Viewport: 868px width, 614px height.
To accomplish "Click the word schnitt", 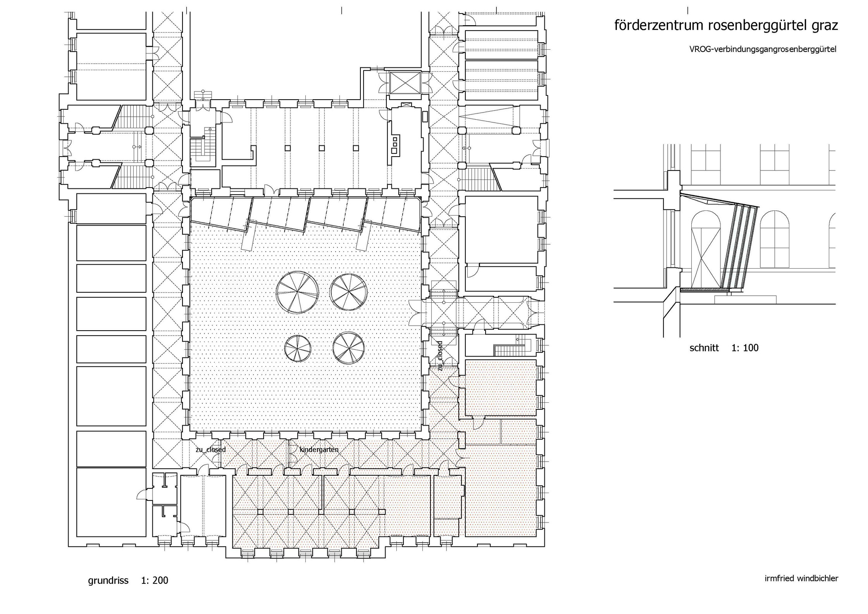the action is (704, 348).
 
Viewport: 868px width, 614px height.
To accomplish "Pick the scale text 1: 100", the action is (745, 348).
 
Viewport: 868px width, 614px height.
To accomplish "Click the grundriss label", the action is (108, 581).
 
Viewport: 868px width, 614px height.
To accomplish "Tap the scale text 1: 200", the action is (155, 580).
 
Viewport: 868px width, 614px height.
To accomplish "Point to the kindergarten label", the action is (319, 450).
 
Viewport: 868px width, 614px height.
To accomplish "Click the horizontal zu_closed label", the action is (210, 450).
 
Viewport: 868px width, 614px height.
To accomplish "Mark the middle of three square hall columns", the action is (321, 148).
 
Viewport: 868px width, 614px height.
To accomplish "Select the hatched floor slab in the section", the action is (705, 290).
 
